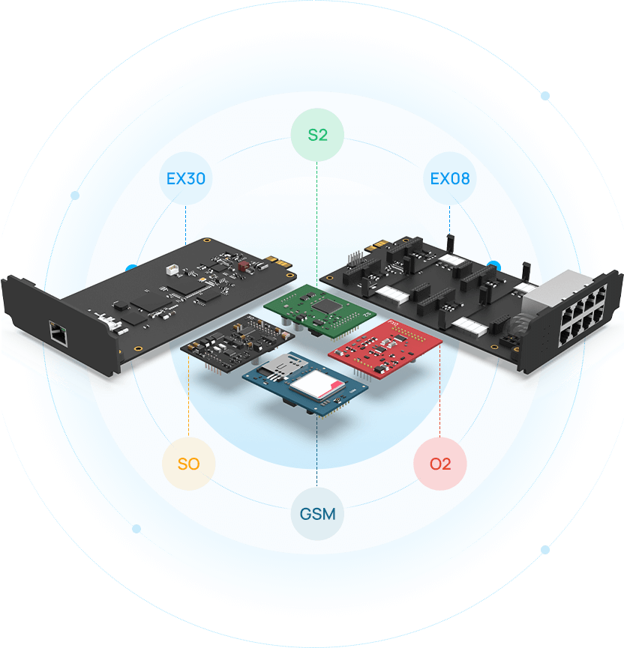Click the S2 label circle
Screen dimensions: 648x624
coord(316,136)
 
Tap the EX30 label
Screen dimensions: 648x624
coord(186,179)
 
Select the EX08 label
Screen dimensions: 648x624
coord(450,179)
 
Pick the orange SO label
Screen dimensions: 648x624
coord(188,464)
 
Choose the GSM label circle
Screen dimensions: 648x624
coord(317,515)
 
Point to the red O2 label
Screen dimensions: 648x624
coord(440,464)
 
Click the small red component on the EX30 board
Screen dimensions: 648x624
coord(241,265)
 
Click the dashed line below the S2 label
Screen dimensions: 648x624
coord(316,225)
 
